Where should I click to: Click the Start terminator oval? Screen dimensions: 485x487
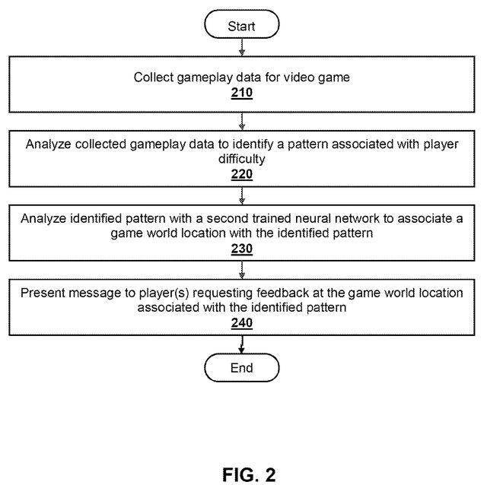pyautogui.click(x=242, y=26)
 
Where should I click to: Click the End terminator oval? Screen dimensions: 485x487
pyautogui.click(x=242, y=368)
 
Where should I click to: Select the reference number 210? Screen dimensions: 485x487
pyautogui.click(x=242, y=94)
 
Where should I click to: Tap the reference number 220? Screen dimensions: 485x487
pyautogui.click(x=242, y=174)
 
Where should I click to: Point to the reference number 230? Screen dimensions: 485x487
pyautogui.click(x=242, y=248)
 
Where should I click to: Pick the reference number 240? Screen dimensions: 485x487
pyautogui.click(x=242, y=322)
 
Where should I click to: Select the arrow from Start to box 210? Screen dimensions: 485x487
pyautogui.click(x=242, y=48)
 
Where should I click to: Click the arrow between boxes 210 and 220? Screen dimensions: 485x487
pyautogui.click(x=242, y=122)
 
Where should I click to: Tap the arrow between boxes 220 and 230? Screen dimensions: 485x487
pyautogui.click(x=242, y=196)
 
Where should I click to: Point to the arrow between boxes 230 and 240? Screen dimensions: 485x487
pyautogui.click(x=242, y=270)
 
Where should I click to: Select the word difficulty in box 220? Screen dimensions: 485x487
pyautogui.click(x=242, y=159)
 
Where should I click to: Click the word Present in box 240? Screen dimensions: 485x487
pyautogui.click(x=42, y=293)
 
